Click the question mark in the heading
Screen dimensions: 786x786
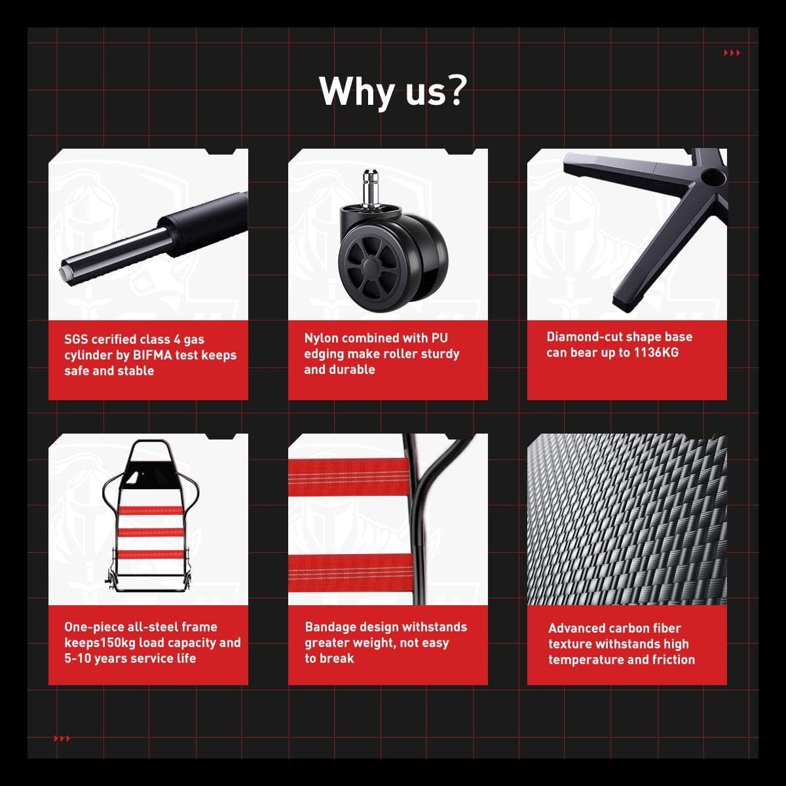[453, 90]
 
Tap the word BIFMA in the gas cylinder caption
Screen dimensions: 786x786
[152, 355]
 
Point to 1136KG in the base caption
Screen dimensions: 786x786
[656, 352]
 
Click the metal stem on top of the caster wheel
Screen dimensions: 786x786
[371, 187]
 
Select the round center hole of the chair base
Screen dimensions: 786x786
[713, 176]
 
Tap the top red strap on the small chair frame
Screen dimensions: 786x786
[150, 511]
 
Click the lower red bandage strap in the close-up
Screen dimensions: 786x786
[351, 572]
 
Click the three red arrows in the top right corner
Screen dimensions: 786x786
[732, 52]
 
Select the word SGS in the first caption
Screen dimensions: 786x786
[76, 339]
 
